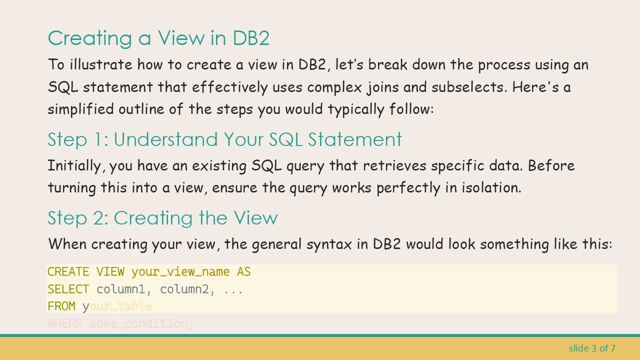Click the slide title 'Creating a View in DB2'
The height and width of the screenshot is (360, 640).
(158, 38)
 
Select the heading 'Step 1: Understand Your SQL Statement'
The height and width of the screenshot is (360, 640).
(224, 139)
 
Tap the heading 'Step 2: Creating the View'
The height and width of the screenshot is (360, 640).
(162, 218)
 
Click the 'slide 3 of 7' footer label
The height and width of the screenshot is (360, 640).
(592, 348)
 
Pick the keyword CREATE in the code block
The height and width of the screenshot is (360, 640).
(68, 272)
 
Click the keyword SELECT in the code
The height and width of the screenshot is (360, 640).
(68, 289)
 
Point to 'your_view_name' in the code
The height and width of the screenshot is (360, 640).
(180, 272)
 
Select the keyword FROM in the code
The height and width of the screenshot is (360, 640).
(61, 306)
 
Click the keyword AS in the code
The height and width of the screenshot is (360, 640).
(243, 272)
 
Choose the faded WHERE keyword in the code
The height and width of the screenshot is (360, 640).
(64, 324)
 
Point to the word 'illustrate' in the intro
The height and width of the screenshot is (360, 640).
(101, 65)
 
